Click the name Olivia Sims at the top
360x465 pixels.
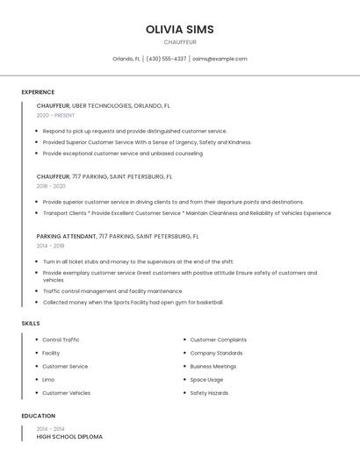coord(179,30)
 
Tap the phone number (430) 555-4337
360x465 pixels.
coord(166,59)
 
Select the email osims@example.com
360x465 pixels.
coord(220,59)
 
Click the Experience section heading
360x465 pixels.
coord(38,92)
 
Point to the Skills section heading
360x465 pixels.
coord(31,324)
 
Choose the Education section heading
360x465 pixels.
coord(38,416)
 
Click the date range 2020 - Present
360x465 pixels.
coord(55,116)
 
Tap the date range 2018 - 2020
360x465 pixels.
coord(51,186)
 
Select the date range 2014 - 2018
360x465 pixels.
coord(50,246)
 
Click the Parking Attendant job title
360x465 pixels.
coord(67,236)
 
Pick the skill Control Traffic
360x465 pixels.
coord(61,340)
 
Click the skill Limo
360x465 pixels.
coord(48,380)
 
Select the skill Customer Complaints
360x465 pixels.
coord(218,340)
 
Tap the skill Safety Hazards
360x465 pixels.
coord(209,393)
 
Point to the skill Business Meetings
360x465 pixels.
coord(213,366)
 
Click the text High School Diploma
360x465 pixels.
coord(69,436)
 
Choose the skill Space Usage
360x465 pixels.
coord(206,380)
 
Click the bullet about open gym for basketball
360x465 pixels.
coord(133,302)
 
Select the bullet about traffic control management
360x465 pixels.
coord(112,290)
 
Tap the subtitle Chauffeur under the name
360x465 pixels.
coord(179,42)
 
